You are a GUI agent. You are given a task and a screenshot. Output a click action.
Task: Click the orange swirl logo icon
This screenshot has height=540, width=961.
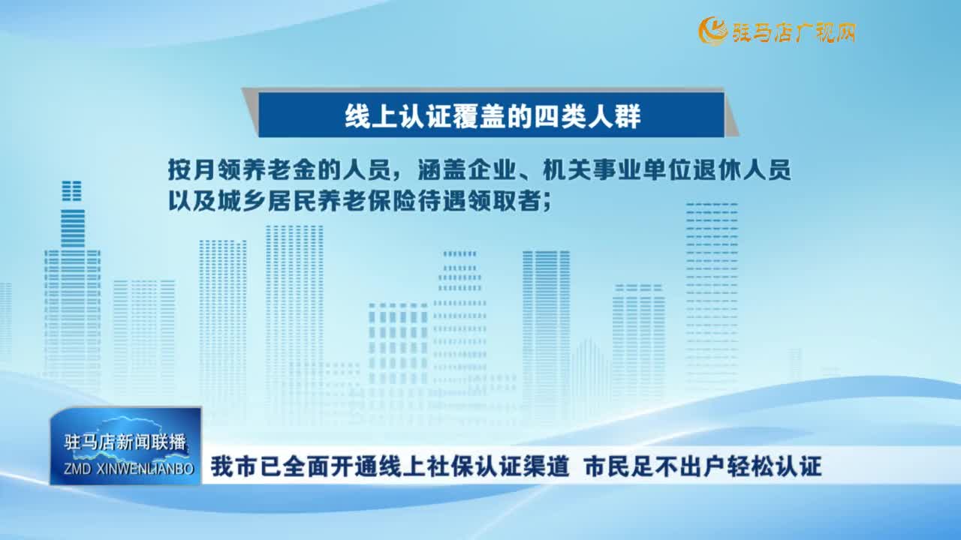(x=713, y=31)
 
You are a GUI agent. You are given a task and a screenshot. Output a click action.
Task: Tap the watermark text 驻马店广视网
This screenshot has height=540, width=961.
(x=794, y=32)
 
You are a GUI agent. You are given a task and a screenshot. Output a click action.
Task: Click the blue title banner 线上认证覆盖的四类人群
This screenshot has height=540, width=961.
(x=491, y=115)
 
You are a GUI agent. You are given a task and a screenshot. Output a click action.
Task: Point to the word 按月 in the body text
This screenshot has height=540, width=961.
(x=191, y=169)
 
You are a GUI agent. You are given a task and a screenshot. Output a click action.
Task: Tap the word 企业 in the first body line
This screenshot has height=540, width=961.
(x=491, y=169)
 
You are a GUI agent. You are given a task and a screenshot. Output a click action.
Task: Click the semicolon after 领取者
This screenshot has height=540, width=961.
(x=547, y=203)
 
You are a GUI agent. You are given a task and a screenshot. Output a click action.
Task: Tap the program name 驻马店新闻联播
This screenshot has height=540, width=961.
(x=125, y=442)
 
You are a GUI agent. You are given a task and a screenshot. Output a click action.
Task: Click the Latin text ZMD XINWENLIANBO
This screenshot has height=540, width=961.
(x=128, y=469)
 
